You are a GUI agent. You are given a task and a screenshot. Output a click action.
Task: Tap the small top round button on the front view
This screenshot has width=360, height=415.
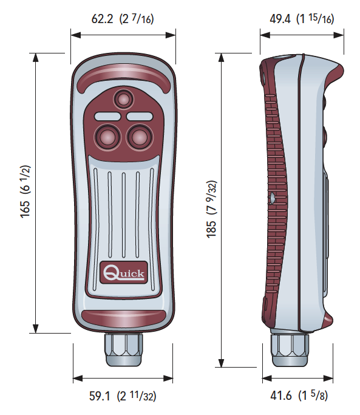pyautogui.click(x=123, y=99)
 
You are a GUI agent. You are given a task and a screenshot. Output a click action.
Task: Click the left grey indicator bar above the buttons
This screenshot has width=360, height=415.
pyautogui.click(x=107, y=116)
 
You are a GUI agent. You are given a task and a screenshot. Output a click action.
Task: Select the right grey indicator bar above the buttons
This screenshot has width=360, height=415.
pyautogui.click(x=140, y=116)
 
